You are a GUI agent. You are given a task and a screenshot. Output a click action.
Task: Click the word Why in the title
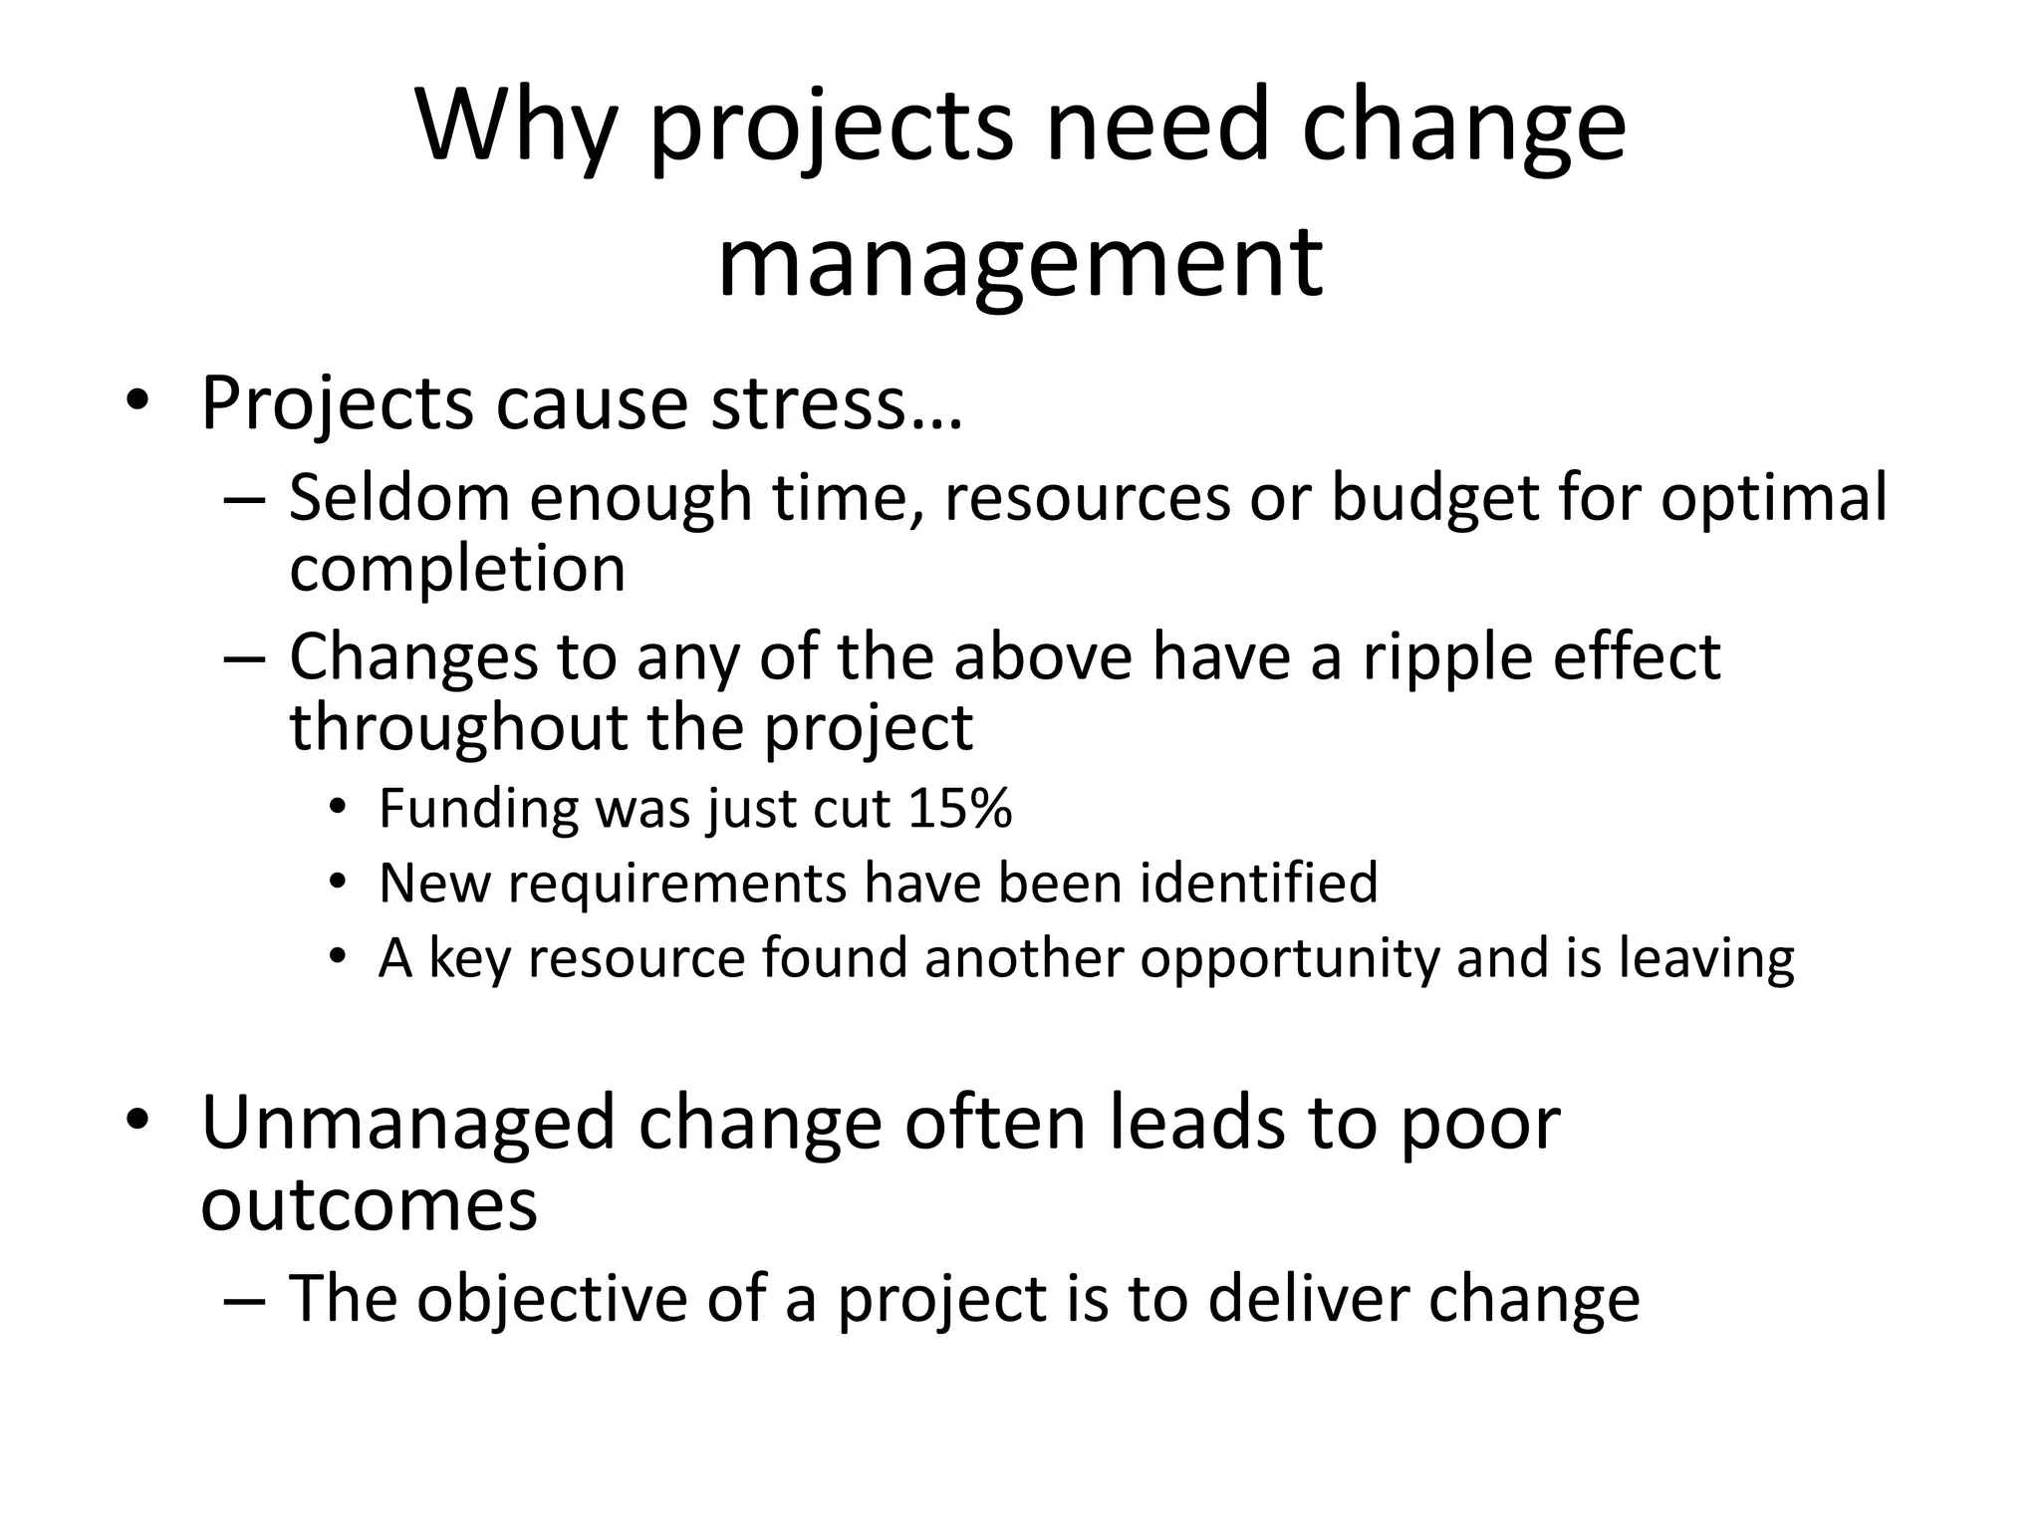pos(517,127)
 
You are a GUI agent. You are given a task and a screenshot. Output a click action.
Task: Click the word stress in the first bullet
pos(836,403)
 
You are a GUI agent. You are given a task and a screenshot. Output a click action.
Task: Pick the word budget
pos(1435,497)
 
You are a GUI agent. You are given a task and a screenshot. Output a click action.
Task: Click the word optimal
pos(1773,497)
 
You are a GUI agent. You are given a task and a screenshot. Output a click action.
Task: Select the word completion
pos(457,569)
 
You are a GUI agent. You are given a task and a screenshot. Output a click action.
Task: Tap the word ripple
pos(1434,657)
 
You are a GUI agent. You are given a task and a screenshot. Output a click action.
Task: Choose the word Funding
pos(478,808)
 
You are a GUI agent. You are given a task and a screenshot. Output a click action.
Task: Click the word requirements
pos(677,884)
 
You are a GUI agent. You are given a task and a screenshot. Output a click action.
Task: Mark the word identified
pos(1259,883)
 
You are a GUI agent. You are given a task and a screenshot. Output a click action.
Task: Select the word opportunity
pos(1290,959)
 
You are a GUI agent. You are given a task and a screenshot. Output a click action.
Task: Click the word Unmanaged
pos(408,1124)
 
